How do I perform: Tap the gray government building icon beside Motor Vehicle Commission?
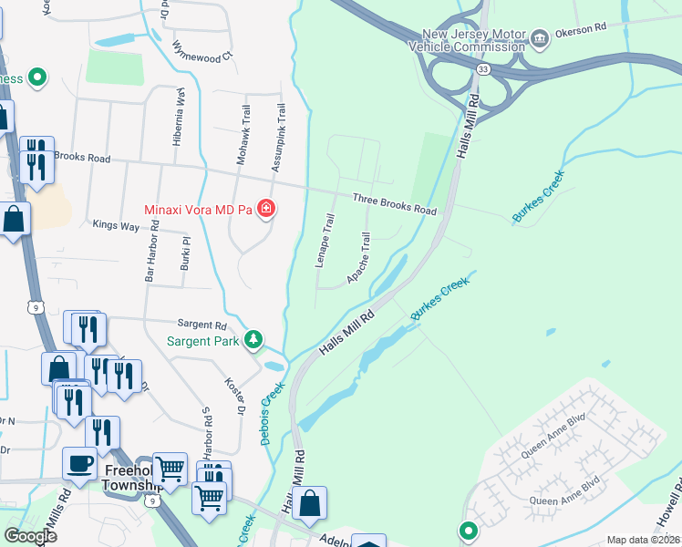point(540,37)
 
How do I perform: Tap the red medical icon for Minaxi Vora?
point(266,210)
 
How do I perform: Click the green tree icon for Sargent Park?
point(254,340)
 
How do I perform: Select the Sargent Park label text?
point(202,342)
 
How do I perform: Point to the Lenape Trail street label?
point(325,241)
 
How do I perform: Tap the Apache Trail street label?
point(360,256)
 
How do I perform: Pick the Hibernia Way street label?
point(180,118)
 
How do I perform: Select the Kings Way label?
point(116,224)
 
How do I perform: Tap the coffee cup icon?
point(79,462)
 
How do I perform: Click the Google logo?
point(30,536)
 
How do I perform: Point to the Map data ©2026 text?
point(642,540)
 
